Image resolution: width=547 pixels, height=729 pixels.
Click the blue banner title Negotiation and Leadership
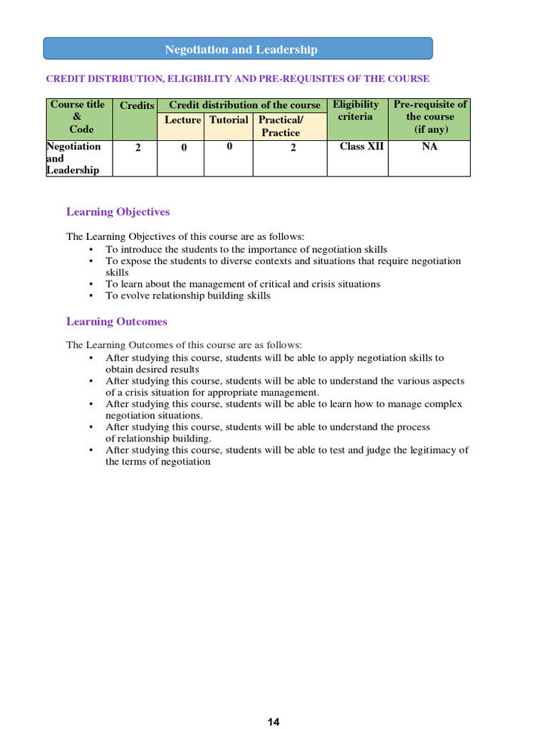241,49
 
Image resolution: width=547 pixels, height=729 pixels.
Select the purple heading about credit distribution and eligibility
237,78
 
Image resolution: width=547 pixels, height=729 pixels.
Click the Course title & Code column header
78,117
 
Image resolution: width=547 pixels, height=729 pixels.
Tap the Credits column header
137,105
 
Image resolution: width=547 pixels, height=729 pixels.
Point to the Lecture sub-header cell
182,120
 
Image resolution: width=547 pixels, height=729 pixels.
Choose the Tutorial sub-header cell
229,120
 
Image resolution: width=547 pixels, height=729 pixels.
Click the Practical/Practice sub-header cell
281,126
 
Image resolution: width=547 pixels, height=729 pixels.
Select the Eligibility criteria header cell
355,110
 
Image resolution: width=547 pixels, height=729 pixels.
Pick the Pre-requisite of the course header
429,117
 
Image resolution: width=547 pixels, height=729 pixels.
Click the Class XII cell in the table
362,147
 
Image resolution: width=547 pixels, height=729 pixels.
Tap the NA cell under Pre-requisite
429,147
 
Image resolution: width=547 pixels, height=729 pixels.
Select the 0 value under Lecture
182,148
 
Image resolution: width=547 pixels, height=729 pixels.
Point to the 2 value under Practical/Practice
293,148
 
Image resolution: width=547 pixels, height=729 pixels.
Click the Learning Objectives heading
118,211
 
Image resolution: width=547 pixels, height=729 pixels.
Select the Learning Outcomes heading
117,322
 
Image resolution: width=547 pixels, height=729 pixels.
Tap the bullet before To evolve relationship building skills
91,295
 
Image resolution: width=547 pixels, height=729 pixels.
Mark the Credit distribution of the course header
244,105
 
